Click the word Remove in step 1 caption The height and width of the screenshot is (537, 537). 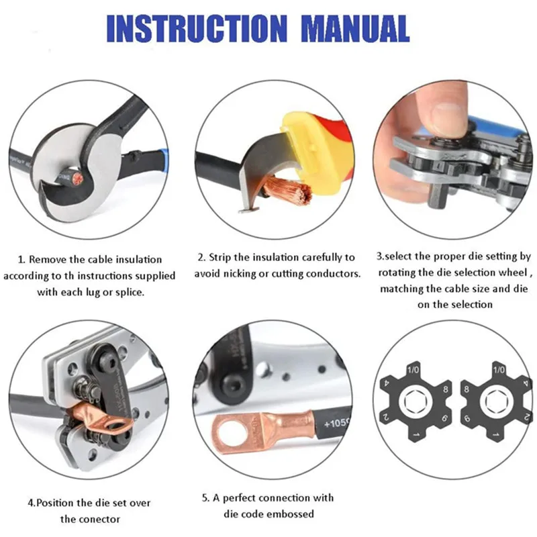49,259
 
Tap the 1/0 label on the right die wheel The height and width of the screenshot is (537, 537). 499,369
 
